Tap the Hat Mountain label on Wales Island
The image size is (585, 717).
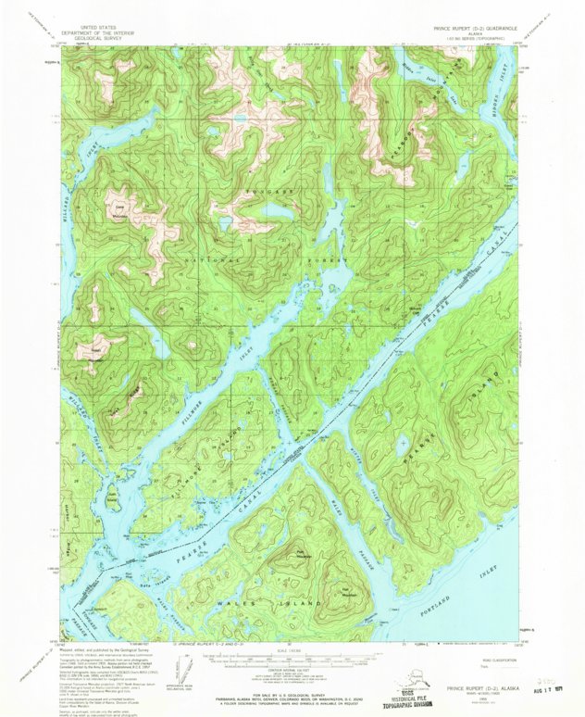(350, 589)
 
